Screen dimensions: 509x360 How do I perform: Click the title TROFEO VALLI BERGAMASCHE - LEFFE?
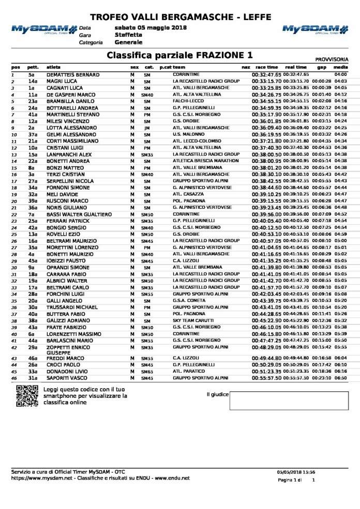(179, 17)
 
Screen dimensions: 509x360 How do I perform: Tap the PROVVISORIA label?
(332, 59)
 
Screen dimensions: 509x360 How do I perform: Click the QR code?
(25, 395)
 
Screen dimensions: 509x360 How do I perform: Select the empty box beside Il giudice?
(289, 400)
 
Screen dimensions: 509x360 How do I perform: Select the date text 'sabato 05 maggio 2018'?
(143, 27)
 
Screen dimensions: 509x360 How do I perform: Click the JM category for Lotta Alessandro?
(147, 128)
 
